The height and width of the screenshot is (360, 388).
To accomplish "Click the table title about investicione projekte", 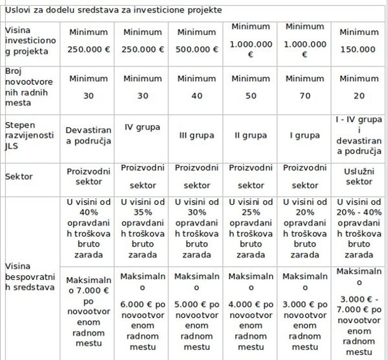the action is (x=113, y=10).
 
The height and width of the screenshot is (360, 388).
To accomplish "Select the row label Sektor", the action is (x=19, y=176).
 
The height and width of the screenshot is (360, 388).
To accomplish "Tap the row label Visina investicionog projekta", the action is (x=31, y=40).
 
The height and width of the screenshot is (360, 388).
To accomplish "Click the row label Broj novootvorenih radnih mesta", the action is (x=29, y=87).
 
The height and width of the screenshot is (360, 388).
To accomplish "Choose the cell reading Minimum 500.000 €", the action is (x=196, y=41).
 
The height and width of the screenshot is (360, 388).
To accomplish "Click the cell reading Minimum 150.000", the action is (x=359, y=41).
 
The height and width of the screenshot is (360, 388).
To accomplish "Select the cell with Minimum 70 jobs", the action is (x=305, y=87).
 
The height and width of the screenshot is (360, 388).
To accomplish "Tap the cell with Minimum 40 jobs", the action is (x=196, y=87).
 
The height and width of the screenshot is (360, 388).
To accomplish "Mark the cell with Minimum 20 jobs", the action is (x=359, y=87).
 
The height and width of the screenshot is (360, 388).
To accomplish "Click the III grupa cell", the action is (x=196, y=136).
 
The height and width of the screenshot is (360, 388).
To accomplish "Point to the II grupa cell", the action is (x=251, y=136).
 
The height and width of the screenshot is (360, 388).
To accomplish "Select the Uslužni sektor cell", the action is (x=359, y=176).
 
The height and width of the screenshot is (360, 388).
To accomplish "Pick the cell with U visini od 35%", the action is (x=143, y=228).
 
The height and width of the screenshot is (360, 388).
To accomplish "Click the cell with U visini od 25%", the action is (x=251, y=228).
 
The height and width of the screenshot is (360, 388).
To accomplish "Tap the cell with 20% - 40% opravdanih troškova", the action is (x=359, y=228).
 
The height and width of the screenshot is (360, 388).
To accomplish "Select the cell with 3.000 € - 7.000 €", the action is (x=359, y=312).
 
